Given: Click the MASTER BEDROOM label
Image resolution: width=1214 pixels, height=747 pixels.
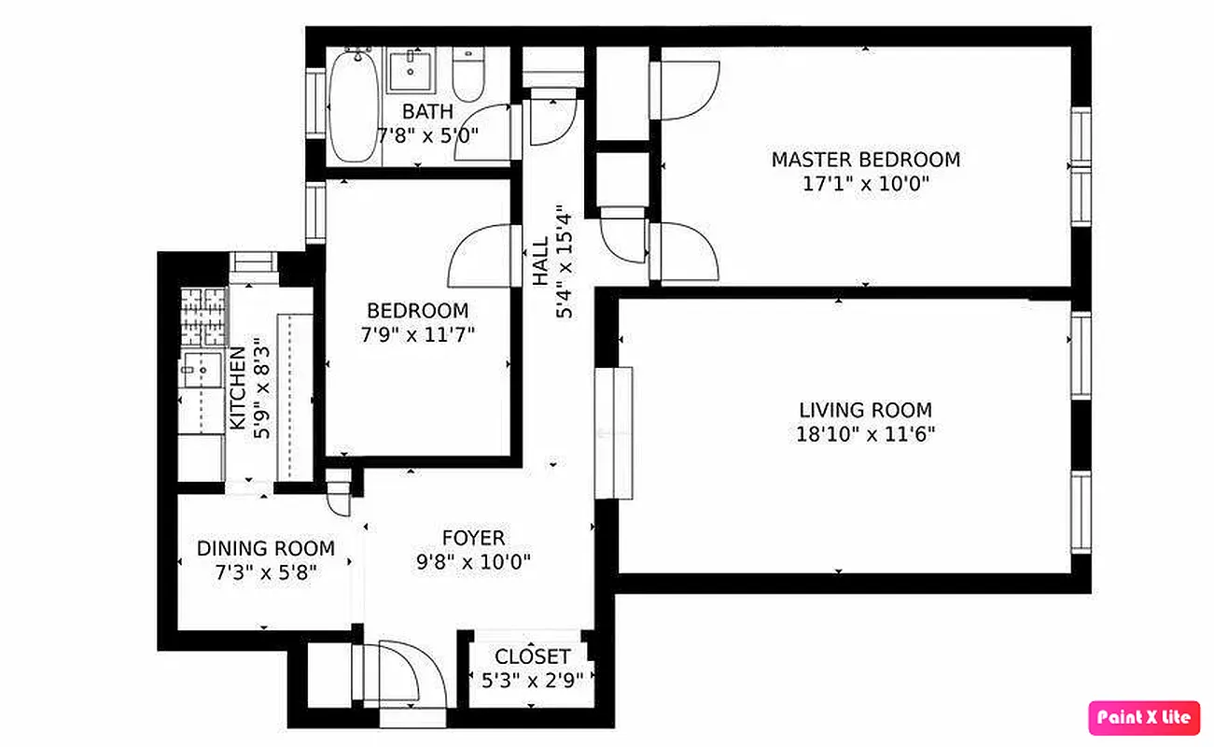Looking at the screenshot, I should [x=865, y=160].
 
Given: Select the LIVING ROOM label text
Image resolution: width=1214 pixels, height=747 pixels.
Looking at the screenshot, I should [x=865, y=410].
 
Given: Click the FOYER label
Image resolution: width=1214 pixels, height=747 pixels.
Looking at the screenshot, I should [x=473, y=538].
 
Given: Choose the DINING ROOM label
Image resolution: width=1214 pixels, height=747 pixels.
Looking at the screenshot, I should [x=265, y=549].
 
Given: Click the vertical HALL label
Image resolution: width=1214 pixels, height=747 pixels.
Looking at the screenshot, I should [x=541, y=261].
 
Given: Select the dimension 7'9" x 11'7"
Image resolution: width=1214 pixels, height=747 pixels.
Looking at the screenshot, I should [x=417, y=334].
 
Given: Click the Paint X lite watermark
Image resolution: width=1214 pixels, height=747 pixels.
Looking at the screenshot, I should [x=1144, y=717].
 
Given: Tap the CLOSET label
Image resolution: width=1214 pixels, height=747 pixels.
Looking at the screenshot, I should [x=532, y=656].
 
